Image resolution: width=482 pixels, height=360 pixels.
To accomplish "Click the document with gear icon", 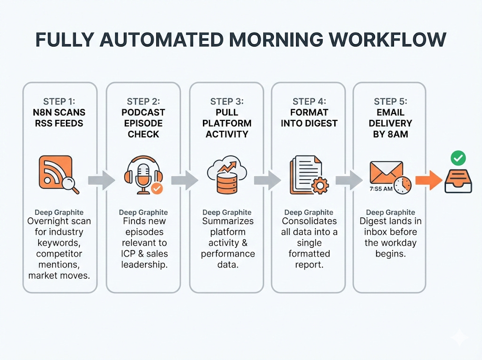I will (x=308, y=176).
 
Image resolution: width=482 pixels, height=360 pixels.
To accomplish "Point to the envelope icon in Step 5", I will (x=386, y=172).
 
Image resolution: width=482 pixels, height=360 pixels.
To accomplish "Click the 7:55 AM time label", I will (x=381, y=189).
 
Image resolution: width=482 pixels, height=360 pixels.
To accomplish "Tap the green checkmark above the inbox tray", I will (x=457, y=158).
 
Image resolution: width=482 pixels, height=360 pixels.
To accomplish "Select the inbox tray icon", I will (x=458, y=181).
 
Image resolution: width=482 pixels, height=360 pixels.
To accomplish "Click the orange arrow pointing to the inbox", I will (x=429, y=180).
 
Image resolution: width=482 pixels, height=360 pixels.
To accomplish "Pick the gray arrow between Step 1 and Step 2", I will (x=101, y=180).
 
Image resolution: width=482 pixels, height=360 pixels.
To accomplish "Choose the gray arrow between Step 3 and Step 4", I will (x=267, y=180).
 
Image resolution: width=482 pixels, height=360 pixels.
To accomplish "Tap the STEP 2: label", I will (x=143, y=102).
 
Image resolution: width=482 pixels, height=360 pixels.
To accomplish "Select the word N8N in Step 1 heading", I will (x=45, y=112).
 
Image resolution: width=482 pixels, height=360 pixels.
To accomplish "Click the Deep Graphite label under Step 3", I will (x=227, y=213).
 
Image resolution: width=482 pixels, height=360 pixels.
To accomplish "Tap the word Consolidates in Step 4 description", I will (x=309, y=221).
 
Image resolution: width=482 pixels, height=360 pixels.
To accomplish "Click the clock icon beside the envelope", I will (x=402, y=184).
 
